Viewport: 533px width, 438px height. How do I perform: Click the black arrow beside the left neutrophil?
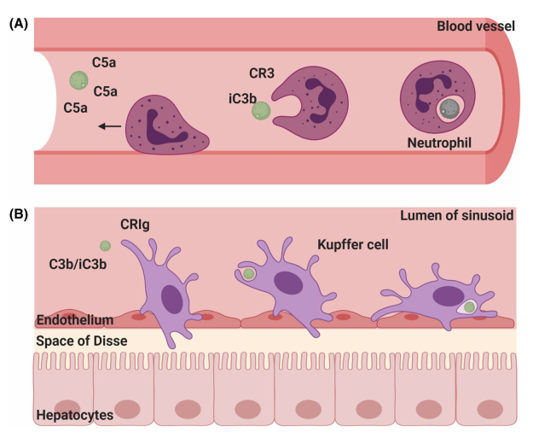click(108, 126)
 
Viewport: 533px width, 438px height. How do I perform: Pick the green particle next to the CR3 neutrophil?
click(262, 111)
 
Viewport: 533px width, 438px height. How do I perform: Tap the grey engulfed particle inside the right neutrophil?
click(448, 108)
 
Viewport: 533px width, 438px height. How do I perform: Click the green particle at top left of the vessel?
click(78, 80)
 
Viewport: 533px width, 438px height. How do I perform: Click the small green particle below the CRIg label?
click(105, 246)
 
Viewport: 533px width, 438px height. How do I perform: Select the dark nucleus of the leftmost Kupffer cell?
click(173, 299)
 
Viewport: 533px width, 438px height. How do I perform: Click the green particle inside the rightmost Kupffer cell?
click(468, 307)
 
